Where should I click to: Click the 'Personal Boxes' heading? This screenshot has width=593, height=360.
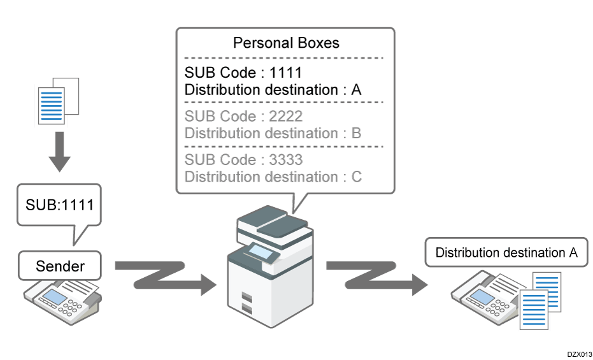click(x=286, y=43)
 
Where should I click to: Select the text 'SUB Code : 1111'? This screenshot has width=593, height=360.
click(x=243, y=72)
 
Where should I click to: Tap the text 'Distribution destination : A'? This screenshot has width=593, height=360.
click(x=273, y=90)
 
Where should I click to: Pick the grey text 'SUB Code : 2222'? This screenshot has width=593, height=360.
click(x=243, y=117)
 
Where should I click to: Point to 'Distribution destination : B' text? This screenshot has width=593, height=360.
click(x=273, y=133)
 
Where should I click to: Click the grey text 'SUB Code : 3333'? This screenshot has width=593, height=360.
click(x=243, y=159)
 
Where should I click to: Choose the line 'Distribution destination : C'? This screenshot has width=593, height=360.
click(x=273, y=176)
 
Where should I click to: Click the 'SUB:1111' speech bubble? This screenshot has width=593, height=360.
click(x=59, y=206)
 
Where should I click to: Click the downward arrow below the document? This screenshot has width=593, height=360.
click(x=59, y=154)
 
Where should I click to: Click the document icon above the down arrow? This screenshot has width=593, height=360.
click(x=57, y=100)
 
